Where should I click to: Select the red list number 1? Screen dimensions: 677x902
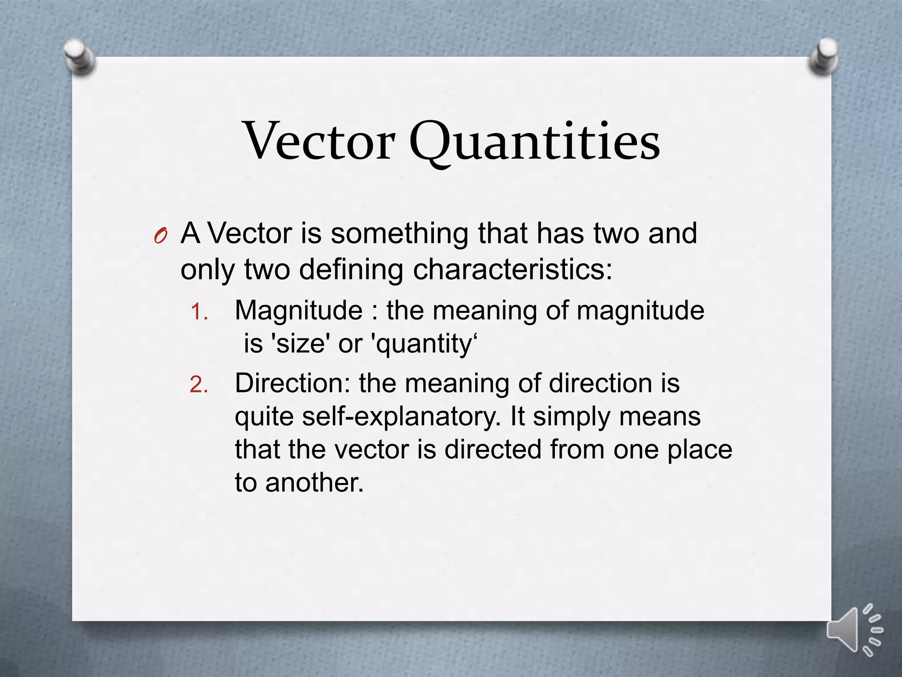coord(199,312)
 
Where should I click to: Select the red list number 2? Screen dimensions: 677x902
coord(199,385)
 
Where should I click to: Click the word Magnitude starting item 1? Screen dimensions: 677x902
coord(299,311)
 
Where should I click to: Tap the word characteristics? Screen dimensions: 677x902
coord(513,269)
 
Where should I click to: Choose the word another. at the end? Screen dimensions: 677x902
coord(314,483)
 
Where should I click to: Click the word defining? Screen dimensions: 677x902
coord(351,270)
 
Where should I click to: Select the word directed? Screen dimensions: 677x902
coord(493,450)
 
